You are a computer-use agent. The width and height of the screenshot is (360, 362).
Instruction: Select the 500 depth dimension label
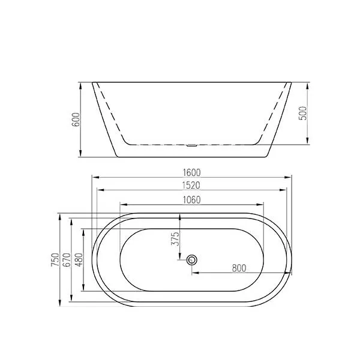[x=303, y=113]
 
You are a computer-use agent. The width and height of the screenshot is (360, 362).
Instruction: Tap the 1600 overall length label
[x=192, y=172]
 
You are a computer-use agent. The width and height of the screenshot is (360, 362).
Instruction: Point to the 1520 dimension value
[x=192, y=186]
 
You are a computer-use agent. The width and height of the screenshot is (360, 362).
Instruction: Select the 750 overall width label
[x=55, y=260]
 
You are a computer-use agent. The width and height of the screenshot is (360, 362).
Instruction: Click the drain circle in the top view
[x=193, y=260]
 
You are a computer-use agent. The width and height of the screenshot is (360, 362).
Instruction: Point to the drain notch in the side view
[x=192, y=145]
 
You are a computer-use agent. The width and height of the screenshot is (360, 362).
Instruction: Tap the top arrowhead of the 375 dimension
[x=180, y=216]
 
